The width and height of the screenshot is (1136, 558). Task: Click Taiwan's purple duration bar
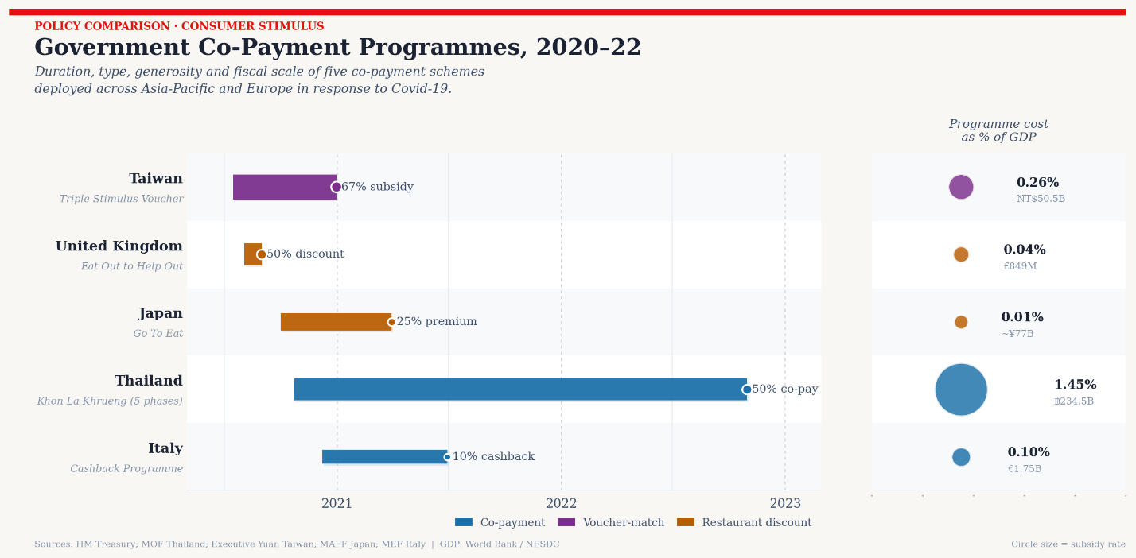point(284,187)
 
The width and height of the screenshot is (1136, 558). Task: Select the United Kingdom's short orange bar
point(252,254)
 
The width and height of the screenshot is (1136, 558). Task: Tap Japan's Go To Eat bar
point(336,322)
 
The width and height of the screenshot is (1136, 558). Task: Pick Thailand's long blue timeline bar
point(520,389)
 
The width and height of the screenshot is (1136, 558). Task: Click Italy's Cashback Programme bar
point(384,457)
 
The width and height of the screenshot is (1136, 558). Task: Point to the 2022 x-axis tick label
point(561,504)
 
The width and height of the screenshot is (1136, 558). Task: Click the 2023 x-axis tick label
point(785,504)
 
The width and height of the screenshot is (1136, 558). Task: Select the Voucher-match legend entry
point(610,523)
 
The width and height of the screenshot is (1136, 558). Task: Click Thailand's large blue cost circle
point(961,389)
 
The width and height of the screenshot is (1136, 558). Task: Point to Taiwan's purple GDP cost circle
point(961,187)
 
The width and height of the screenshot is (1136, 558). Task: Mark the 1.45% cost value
point(1075,385)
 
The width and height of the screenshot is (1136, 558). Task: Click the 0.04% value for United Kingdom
point(1024,250)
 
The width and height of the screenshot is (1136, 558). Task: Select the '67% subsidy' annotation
point(377,188)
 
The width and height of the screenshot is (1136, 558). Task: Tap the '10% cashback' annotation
point(493,457)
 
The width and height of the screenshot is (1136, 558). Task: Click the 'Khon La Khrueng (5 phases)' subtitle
point(110,401)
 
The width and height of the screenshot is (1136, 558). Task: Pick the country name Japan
point(161,314)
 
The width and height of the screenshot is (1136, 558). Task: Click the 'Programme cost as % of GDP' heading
point(998,131)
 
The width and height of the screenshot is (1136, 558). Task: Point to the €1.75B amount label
point(1024,469)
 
